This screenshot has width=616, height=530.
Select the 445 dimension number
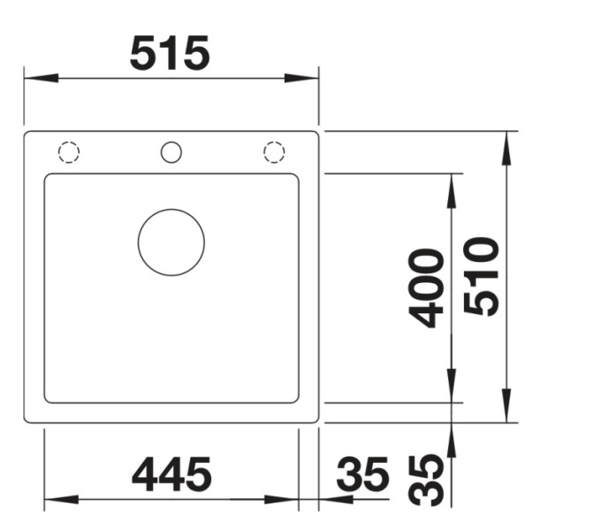pyautogui.click(x=171, y=474)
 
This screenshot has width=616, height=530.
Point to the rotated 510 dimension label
pyautogui.click(x=482, y=276)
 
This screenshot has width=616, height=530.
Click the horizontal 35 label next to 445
pyautogui.click(x=362, y=475)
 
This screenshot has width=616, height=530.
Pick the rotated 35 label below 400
pyautogui.click(x=428, y=480)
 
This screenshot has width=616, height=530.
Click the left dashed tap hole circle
pyautogui.click(x=68, y=152)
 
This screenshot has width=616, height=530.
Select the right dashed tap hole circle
pyautogui.click(x=275, y=152)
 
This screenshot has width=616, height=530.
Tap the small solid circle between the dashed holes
pyautogui.click(x=171, y=152)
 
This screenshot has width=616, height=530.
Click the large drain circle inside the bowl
pyautogui.click(x=171, y=242)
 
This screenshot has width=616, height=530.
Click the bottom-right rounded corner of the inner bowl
pyautogui.click(x=294, y=399)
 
